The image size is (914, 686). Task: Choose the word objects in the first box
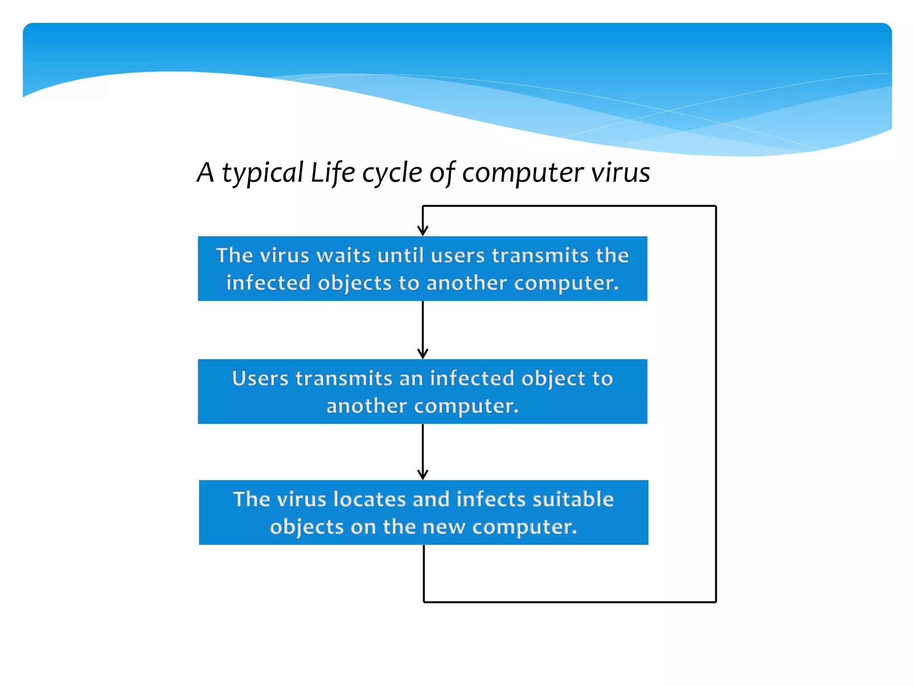(354, 283)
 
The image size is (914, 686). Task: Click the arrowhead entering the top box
(423, 231)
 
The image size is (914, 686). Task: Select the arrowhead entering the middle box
(423, 354)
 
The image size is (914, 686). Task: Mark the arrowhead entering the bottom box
(423, 475)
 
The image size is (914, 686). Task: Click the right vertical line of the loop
(716, 402)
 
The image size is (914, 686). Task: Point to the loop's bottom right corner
(716, 602)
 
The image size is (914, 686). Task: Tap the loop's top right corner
(716, 206)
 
